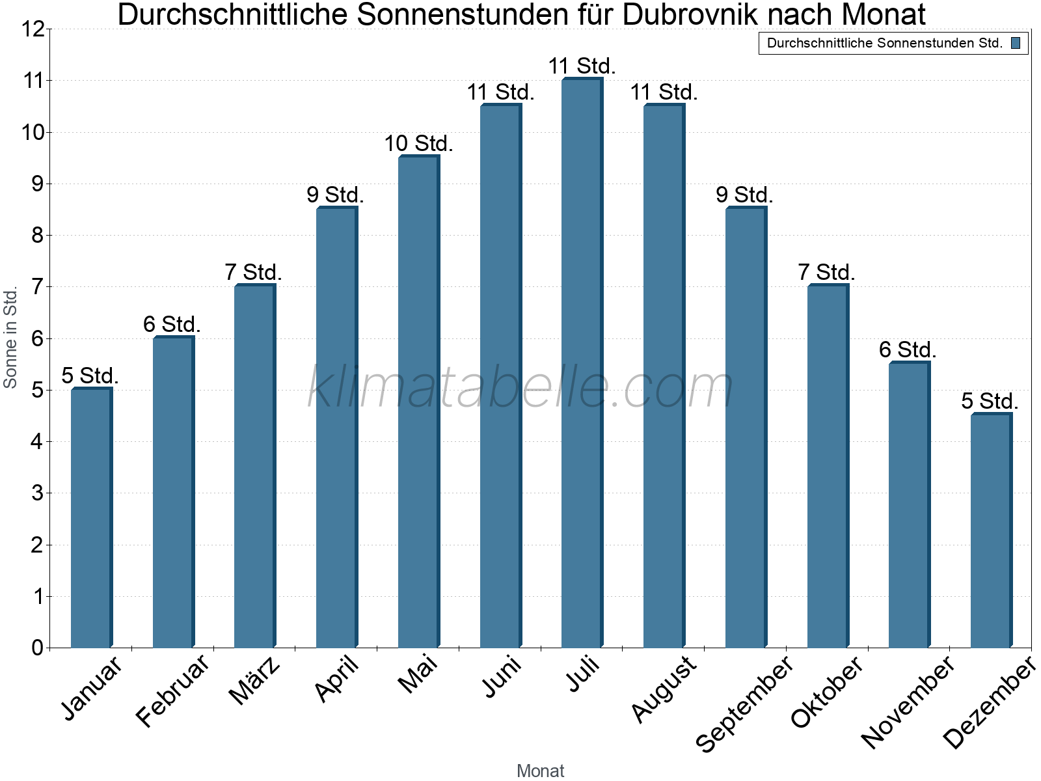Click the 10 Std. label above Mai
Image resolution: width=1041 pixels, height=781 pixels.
pyautogui.click(x=418, y=143)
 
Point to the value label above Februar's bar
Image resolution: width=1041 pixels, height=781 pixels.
pyautogui.click(x=172, y=324)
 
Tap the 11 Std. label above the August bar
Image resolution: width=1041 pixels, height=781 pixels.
pyautogui.click(x=664, y=92)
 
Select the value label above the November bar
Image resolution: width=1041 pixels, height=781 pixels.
pyautogui.click(x=908, y=350)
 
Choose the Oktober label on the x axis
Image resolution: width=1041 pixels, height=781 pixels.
pyautogui.click(x=827, y=691)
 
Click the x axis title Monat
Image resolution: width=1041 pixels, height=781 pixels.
pyautogui.click(x=540, y=771)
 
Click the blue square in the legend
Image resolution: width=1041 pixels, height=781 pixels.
pyautogui.click(x=1016, y=43)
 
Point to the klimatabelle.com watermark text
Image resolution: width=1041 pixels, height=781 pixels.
pyautogui.click(x=520, y=388)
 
